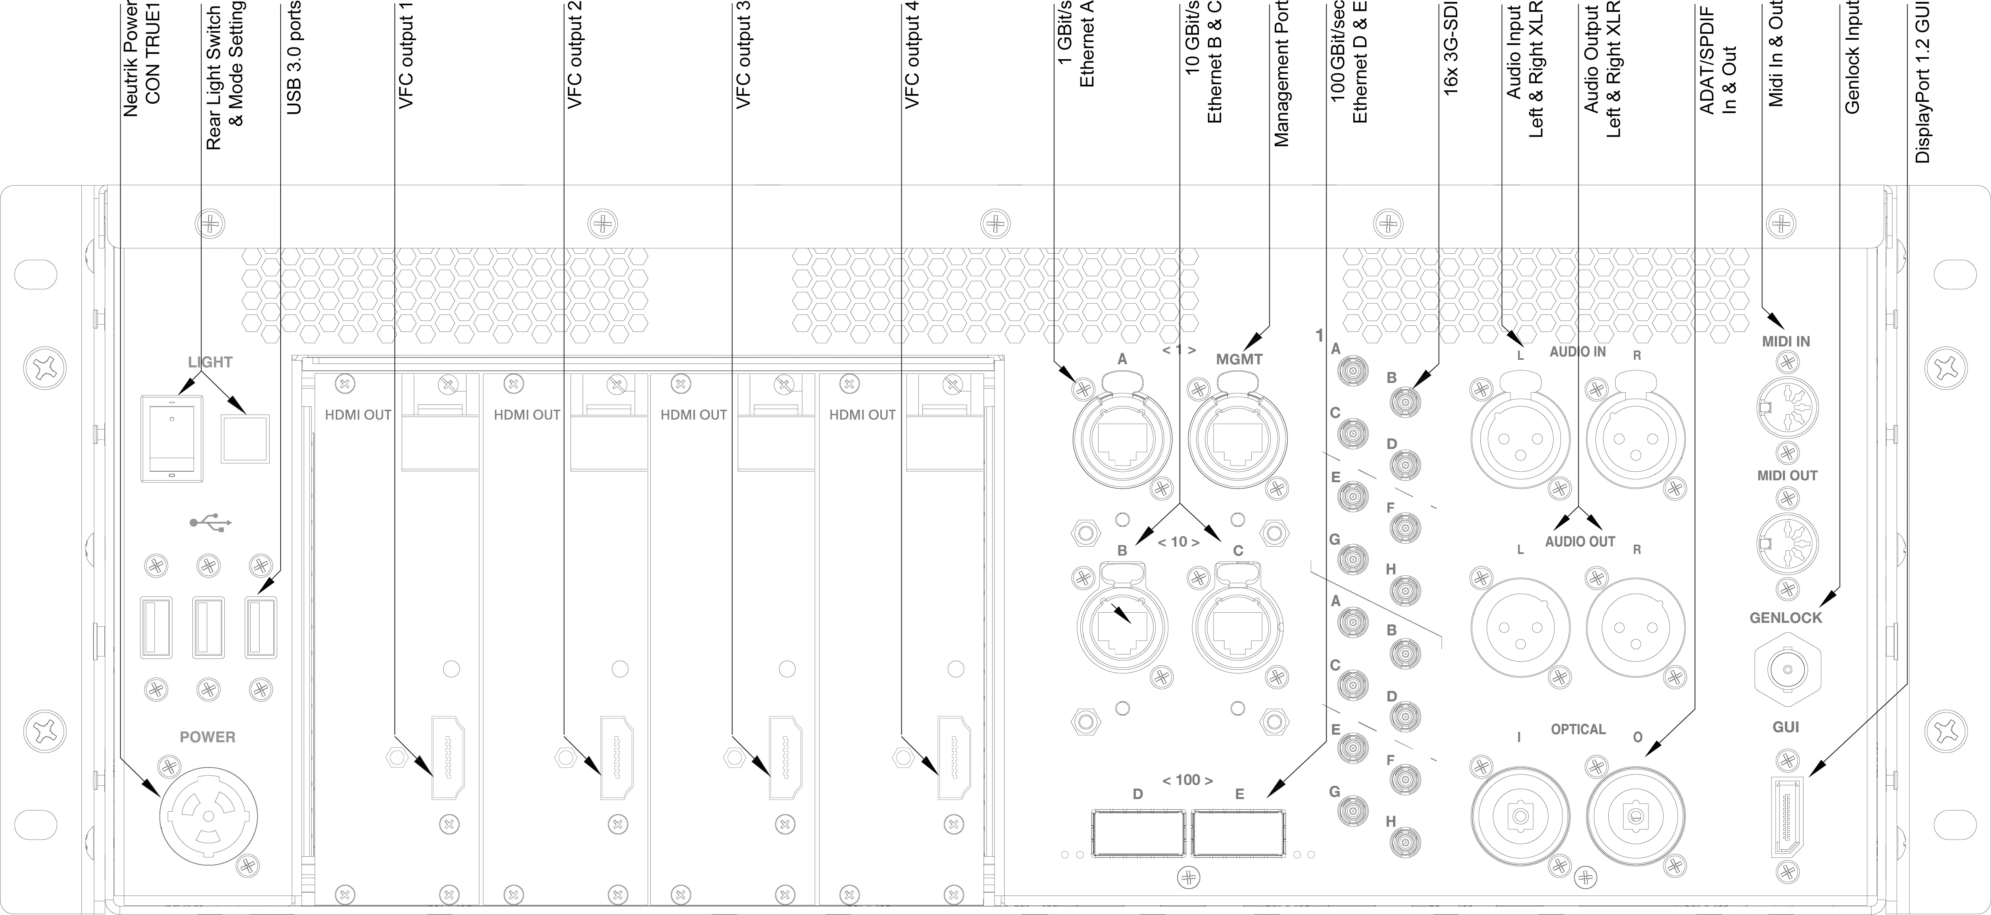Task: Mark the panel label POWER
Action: click(207, 737)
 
